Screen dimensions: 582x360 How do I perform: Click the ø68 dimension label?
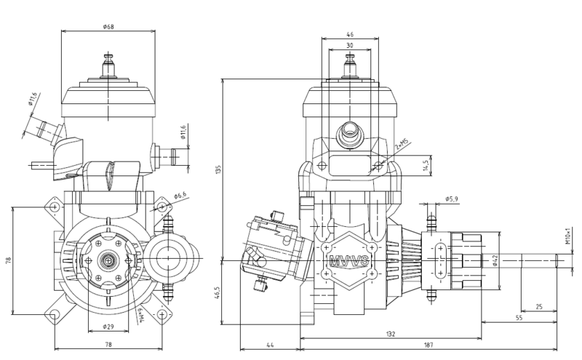click(x=108, y=27)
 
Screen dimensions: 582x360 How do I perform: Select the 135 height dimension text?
click(x=218, y=169)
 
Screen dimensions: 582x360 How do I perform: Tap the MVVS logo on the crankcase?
click(x=349, y=260)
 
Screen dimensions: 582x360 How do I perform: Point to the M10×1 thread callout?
click(x=567, y=236)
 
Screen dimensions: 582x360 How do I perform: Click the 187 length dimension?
click(x=428, y=345)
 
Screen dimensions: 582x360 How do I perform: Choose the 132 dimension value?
click(x=391, y=334)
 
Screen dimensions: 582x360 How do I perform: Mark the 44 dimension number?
click(x=270, y=345)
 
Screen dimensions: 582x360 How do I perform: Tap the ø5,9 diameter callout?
click(x=451, y=199)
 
